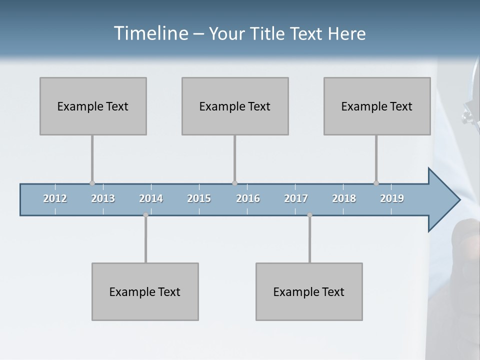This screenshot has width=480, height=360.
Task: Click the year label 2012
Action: pos(55,198)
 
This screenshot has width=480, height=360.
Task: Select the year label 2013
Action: pos(103,198)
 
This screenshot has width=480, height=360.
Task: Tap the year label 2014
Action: pos(151,198)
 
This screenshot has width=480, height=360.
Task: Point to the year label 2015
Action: pos(199,198)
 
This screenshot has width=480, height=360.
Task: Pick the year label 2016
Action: pos(248,198)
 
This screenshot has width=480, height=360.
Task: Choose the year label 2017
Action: pos(296,198)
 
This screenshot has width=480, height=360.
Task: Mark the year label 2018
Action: pos(344,198)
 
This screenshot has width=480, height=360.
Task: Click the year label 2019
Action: pos(392,198)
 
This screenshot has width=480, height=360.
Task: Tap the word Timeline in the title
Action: pos(150,33)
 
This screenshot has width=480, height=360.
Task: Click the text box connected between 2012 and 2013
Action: pos(93,106)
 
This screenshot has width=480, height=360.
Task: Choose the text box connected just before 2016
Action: pos(235,106)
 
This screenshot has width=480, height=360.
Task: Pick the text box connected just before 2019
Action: pos(377,106)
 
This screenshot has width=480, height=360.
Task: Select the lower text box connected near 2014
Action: pos(145,291)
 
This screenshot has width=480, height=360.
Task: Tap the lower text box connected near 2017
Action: pos(309,291)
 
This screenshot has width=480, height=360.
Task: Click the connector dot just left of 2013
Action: pos(92,183)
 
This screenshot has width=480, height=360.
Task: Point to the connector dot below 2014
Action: pos(145,215)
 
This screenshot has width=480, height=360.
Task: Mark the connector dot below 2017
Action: pos(309,215)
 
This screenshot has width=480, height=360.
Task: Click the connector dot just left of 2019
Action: pos(376,183)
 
